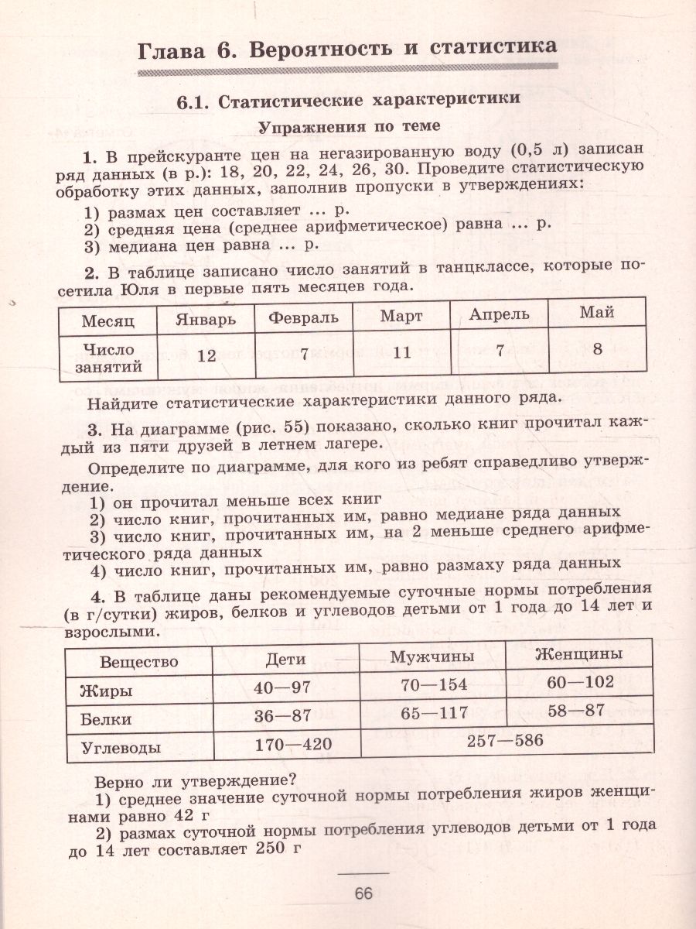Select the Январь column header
point(205,318)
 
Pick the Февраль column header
point(303,317)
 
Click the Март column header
point(401,316)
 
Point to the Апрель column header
point(499,314)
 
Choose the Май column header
point(596,313)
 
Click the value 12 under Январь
point(206,355)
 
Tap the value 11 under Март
point(401,352)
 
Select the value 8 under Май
point(597,348)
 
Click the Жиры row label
point(106,691)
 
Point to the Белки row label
point(106,719)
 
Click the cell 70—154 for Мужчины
point(435,685)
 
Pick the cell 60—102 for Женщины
point(579,682)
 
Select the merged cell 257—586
point(506,740)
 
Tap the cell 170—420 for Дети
point(292,745)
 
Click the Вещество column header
point(139,662)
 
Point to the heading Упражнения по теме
point(348,126)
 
